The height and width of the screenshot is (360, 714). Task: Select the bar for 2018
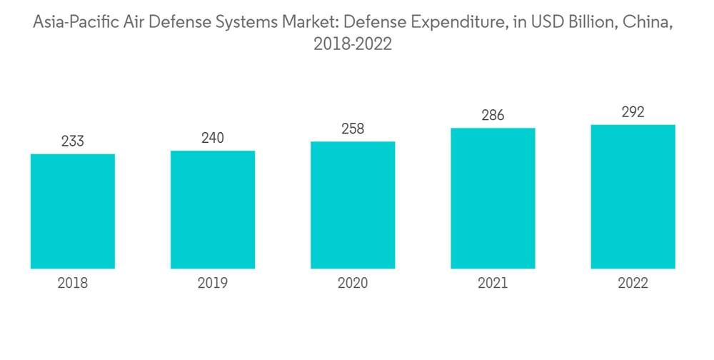(73, 211)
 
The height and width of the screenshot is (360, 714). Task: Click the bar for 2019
(213, 210)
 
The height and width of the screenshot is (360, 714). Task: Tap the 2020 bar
(353, 205)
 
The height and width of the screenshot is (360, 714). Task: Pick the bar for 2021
(493, 199)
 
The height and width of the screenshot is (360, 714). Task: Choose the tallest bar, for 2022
(633, 197)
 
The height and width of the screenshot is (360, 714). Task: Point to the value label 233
(73, 141)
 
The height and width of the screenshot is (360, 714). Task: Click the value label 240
(213, 138)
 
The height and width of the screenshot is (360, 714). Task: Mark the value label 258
(353, 129)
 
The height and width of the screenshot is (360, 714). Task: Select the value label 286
(493, 116)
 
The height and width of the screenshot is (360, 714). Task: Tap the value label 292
(633, 112)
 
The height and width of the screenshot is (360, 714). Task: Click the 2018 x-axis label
(73, 284)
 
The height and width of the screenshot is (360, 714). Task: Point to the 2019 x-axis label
(213, 284)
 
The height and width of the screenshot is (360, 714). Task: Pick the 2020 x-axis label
(353, 284)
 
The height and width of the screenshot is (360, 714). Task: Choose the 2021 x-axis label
(493, 284)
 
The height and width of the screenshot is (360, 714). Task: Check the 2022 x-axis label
(633, 284)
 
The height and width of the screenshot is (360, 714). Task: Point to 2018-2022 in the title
(353, 44)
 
